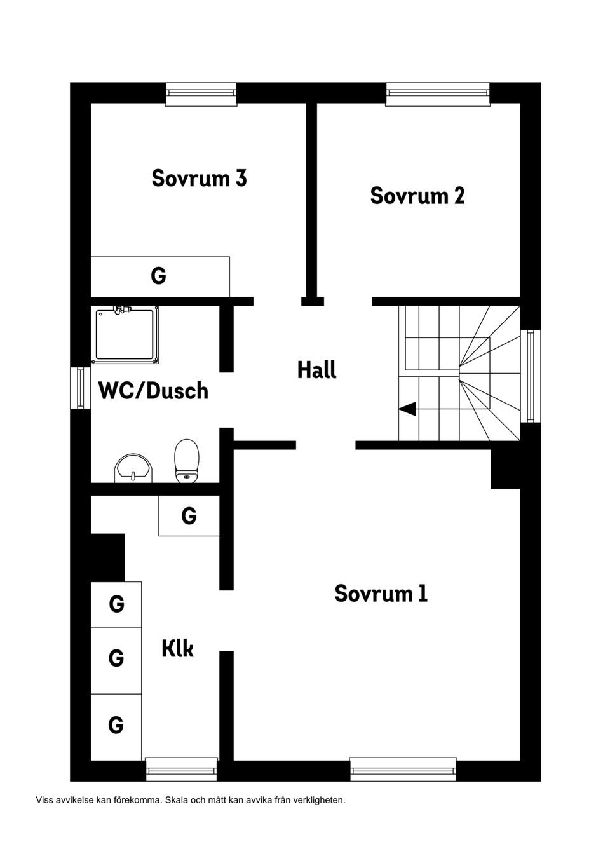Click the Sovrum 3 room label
(x=199, y=179)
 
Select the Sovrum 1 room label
(x=381, y=593)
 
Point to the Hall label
(x=316, y=369)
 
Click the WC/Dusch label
(x=153, y=390)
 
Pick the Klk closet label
(x=177, y=649)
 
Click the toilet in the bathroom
(x=187, y=461)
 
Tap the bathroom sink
(x=133, y=468)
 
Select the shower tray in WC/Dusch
(x=125, y=334)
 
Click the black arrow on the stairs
(x=407, y=409)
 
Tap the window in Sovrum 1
(x=403, y=770)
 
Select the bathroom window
(x=80, y=388)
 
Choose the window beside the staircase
(x=531, y=376)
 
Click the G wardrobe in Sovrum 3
(x=160, y=276)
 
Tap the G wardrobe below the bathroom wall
(x=189, y=515)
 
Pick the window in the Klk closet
(x=182, y=770)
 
